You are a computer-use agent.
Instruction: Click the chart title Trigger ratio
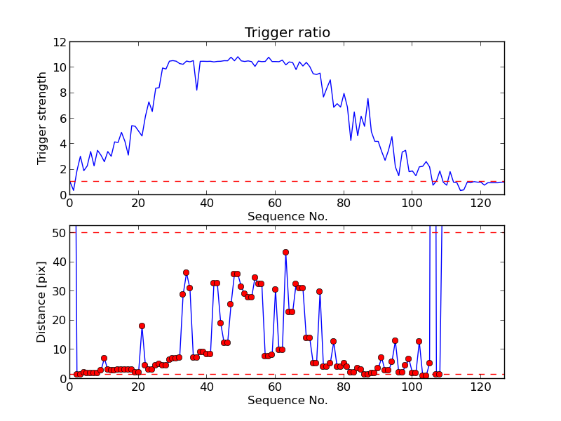pyautogui.click(x=287, y=32)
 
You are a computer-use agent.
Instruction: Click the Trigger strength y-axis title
pyautogui.click(x=43, y=118)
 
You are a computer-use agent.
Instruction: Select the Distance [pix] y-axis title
pyautogui.click(x=43, y=302)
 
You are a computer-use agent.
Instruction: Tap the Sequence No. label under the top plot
pyautogui.click(x=287, y=217)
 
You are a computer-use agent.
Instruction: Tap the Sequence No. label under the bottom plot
pyautogui.click(x=287, y=401)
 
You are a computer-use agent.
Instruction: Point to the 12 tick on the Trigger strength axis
pyautogui.click(x=59, y=42)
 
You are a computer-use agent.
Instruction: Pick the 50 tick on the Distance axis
pyautogui.click(x=59, y=232)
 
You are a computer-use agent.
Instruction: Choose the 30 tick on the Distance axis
pyautogui.click(x=59, y=290)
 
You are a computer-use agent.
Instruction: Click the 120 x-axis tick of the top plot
pyautogui.click(x=480, y=203)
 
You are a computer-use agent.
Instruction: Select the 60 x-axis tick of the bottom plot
pyautogui.click(x=275, y=387)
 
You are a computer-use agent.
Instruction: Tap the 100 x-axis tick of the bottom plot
pyautogui.click(x=412, y=387)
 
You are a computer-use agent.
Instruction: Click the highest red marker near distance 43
pyautogui.click(x=285, y=252)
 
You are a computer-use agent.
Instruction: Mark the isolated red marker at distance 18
pyautogui.click(x=142, y=326)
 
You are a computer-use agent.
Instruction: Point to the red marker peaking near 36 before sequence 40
pyautogui.click(x=186, y=272)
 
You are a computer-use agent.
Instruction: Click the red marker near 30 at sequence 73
pyautogui.click(x=319, y=291)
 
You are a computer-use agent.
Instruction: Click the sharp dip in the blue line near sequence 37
pyautogui.click(x=196, y=90)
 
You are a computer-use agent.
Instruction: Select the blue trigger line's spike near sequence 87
pyautogui.click(x=367, y=99)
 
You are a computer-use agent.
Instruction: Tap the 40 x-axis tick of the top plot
pyautogui.click(x=206, y=203)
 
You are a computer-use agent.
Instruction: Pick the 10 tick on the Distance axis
pyautogui.click(x=59, y=349)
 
